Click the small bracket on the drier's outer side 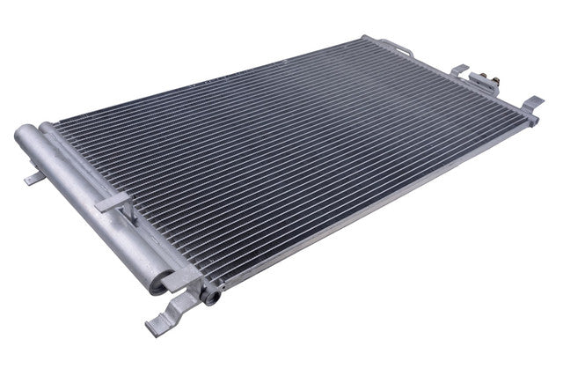[33, 178]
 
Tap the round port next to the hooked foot [210, 296]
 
